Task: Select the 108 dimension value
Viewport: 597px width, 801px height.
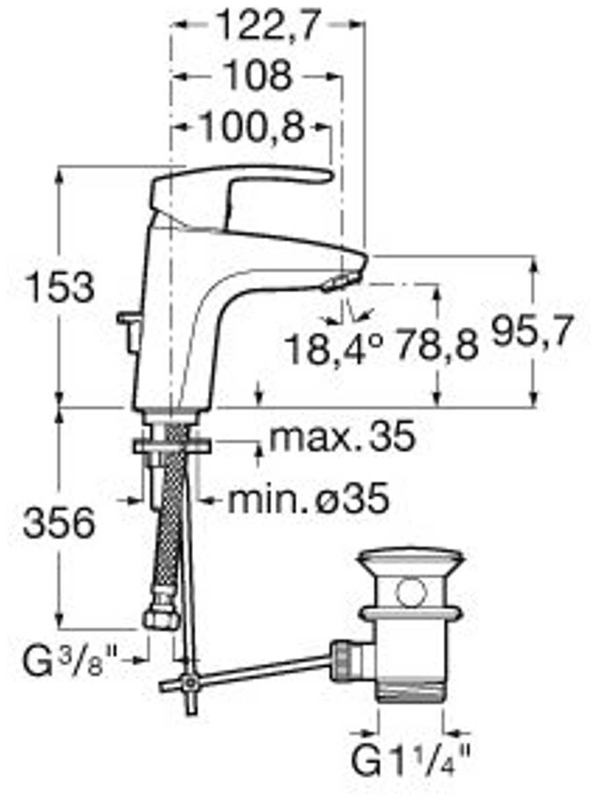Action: [x=258, y=75]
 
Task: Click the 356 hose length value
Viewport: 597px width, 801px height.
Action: [x=59, y=523]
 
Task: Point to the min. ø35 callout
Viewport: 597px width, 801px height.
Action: [x=308, y=499]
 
